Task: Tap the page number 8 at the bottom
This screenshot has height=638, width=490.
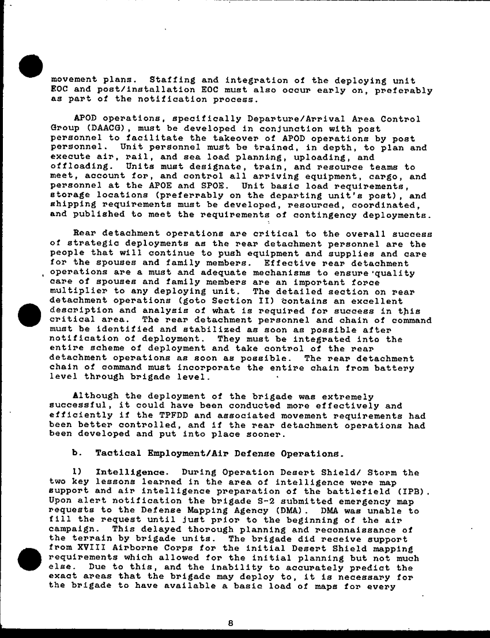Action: click(x=230, y=622)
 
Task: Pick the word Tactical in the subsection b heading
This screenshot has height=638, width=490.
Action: click(x=116, y=454)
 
